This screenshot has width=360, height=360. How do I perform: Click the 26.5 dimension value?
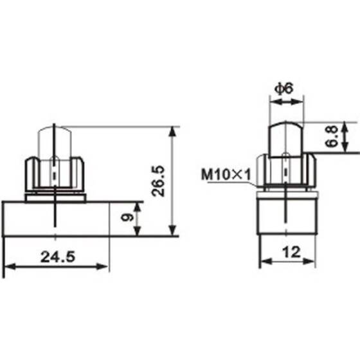point(161,181)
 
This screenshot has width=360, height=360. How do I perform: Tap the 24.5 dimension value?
point(57,256)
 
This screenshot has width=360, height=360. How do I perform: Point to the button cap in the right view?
point(285,136)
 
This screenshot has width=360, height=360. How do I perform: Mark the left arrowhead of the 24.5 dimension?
point(8,265)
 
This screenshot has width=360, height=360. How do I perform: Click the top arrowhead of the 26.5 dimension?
point(172,130)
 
